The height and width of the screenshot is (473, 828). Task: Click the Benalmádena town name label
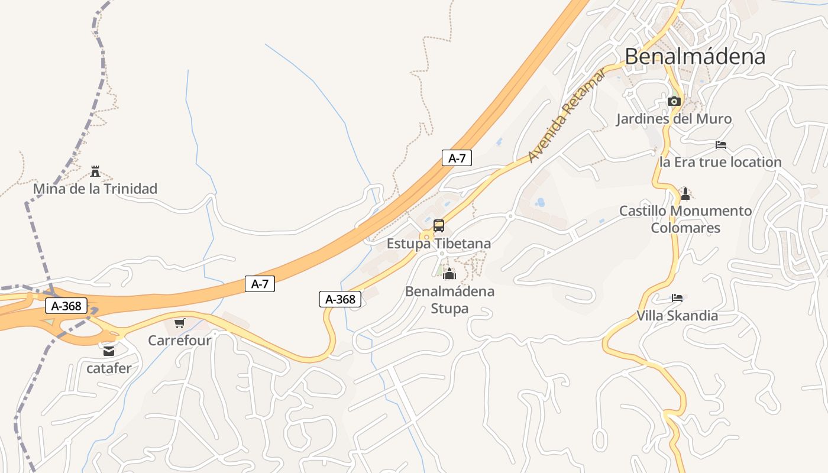pos(695,56)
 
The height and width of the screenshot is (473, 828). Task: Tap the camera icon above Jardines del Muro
pos(674,101)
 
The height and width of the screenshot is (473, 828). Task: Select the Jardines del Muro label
pos(674,119)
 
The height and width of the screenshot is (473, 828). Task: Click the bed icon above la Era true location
pos(720,144)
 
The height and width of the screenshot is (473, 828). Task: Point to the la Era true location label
pos(720,162)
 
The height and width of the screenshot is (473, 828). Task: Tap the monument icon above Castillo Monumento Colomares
pos(685,193)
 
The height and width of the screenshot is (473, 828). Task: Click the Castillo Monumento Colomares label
pos(685,219)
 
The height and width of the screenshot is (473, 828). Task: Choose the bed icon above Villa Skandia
pos(677,297)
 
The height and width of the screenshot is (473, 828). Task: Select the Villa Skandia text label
pos(677,316)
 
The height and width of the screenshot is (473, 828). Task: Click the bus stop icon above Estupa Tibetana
pos(438,225)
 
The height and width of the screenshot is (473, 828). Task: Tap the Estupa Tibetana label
pos(438,244)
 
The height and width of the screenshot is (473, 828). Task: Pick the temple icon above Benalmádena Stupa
pos(449,274)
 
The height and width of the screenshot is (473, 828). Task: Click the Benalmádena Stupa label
pos(449,300)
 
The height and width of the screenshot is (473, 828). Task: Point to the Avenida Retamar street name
pos(567,116)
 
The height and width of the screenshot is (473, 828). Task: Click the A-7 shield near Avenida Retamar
pos(457,158)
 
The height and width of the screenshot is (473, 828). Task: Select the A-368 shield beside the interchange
pos(66,306)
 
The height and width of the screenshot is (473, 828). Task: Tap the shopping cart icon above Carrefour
pos(179,323)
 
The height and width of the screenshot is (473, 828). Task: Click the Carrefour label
pos(179,341)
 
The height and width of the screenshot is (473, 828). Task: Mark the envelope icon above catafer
pos(109,351)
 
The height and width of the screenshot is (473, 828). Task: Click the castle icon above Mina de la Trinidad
pos(95,171)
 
